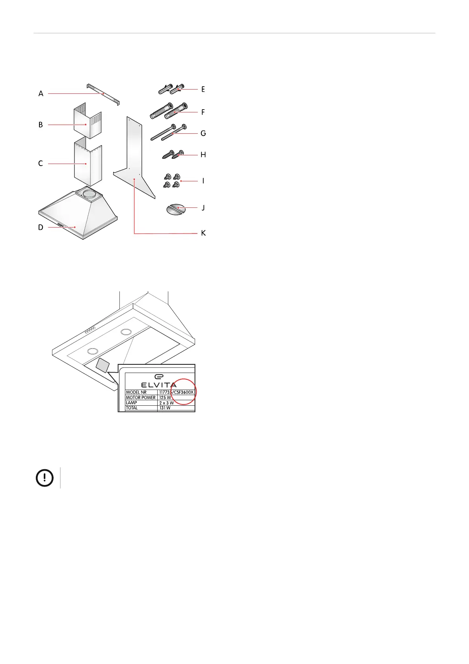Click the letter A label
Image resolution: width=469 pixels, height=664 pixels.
[x=41, y=94]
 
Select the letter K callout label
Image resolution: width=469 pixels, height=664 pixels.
[x=203, y=233]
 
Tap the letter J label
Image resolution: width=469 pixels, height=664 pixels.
[x=203, y=207]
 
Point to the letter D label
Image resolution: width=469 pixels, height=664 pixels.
[x=41, y=228]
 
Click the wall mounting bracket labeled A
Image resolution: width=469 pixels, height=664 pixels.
[x=103, y=94]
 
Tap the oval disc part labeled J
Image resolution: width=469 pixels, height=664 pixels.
[x=175, y=209]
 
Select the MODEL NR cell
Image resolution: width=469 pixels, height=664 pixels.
[x=136, y=392]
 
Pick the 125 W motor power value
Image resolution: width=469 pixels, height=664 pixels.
[x=165, y=397]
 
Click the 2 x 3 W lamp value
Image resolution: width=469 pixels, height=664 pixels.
[x=166, y=403]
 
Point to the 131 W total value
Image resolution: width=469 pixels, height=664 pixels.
[x=165, y=408]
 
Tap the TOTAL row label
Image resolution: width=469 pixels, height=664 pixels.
[x=132, y=408]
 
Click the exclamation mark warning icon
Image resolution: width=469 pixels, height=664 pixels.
[x=45, y=478]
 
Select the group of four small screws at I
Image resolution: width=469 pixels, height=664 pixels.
[x=171, y=180]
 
